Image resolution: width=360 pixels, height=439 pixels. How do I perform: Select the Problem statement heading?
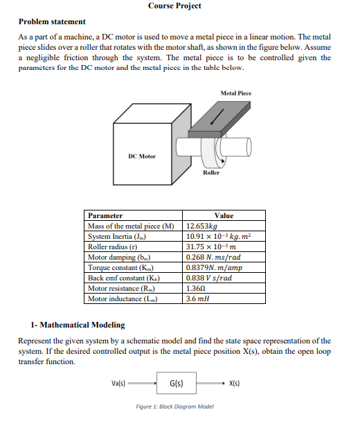[52, 22]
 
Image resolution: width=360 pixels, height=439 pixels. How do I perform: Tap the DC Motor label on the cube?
[142, 156]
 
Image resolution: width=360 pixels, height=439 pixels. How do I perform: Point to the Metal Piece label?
[236, 93]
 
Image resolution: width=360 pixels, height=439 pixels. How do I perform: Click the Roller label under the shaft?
[211, 172]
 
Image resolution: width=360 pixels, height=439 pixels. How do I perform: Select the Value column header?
[224, 215]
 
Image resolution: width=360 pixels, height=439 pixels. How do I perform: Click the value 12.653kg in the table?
[203, 226]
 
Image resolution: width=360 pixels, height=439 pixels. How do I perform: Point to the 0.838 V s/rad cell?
[210, 278]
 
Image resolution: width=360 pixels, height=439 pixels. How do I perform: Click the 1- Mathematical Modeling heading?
[78, 324]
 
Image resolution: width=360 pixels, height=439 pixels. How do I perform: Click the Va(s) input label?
[121, 382]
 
